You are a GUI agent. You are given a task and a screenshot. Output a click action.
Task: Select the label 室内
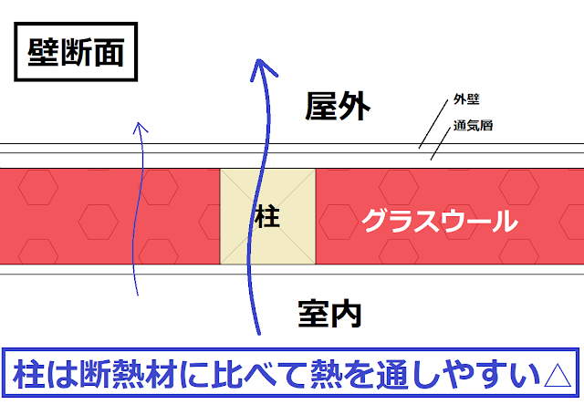(x=329, y=313)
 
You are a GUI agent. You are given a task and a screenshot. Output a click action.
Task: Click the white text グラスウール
(x=439, y=221)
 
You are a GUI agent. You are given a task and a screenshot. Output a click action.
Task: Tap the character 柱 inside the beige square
(x=267, y=218)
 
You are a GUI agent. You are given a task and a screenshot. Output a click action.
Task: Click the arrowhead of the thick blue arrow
(x=263, y=67)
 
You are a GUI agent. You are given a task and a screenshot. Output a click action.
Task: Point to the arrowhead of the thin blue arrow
(x=141, y=129)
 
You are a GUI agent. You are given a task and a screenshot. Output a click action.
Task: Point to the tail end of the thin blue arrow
(x=137, y=294)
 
